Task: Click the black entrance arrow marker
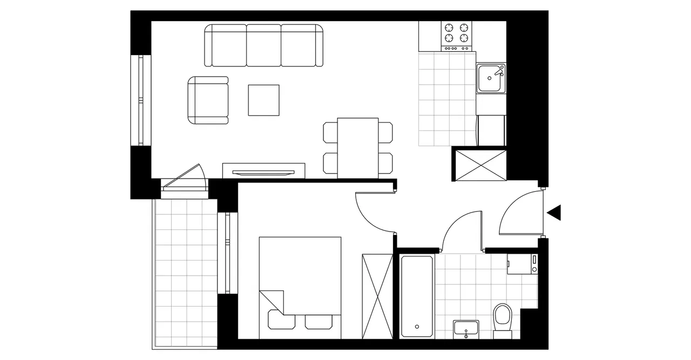click(x=554, y=213)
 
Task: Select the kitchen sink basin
click(x=490, y=78)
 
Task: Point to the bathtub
click(x=417, y=296)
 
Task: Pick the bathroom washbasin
click(x=466, y=328)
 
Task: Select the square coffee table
click(x=263, y=100)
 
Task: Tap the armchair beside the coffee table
click(x=208, y=100)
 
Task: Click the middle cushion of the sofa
click(x=263, y=46)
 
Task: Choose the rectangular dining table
click(x=357, y=147)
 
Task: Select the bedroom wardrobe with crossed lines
click(x=377, y=296)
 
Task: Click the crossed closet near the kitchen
click(x=479, y=166)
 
